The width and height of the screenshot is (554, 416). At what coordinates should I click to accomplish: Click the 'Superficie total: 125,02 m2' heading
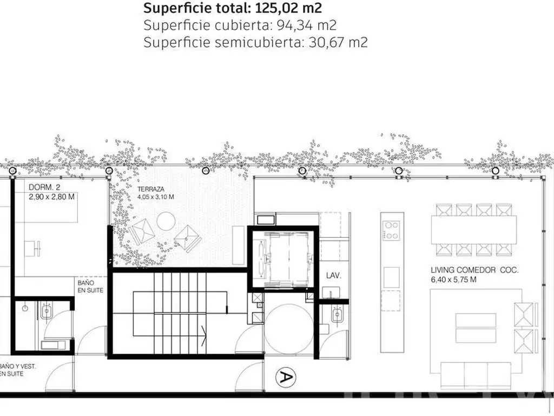coord(233,8)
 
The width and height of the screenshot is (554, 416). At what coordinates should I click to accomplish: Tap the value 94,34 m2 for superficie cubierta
coord(306,25)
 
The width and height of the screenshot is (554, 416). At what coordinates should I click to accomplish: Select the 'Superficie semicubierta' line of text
coord(255,42)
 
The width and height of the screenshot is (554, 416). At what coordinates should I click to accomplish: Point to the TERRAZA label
coord(151,189)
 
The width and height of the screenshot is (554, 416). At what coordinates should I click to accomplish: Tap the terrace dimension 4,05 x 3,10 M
coord(156,197)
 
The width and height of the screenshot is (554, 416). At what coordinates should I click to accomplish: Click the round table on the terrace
coord(166,222)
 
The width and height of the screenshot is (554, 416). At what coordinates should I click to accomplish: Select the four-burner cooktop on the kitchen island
coord(392,230)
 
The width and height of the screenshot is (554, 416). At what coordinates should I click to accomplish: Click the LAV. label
coord(333,276)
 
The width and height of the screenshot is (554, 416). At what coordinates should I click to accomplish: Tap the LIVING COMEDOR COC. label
coord(474,270)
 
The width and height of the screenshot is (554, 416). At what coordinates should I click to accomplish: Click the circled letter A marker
coord(286,378)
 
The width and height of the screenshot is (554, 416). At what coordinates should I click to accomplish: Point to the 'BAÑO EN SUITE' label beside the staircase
coord(90,287)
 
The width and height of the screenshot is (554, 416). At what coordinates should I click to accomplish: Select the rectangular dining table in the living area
coord(474,230)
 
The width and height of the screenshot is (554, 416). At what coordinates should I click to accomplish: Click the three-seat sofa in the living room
coord(476,375)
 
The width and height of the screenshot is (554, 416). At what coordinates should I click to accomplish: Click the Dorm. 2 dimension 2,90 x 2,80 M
coord(51,197)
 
